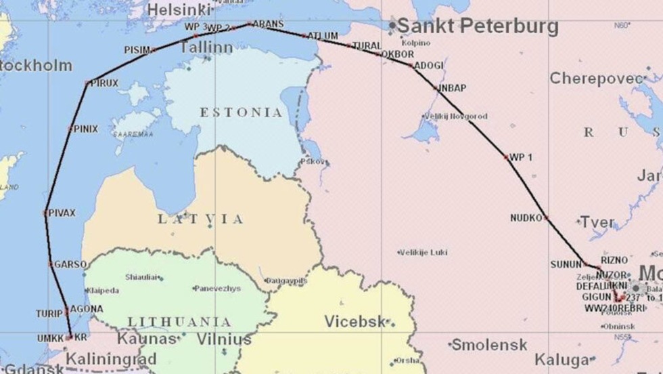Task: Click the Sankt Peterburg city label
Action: pyautogui.click(x=477, y=26)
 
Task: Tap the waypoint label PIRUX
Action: pyautogui.click(x=104, y=83)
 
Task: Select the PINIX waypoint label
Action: pyautogui.click(x=85, y=128)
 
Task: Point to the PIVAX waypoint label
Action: pyautogui.click(x=62, y=213)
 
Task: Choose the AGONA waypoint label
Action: pyautogui.click(x=87, y=309)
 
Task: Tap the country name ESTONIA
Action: pyautogui.click(x=241, y=112)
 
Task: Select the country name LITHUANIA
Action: pyautogui.click(x=179, y=322)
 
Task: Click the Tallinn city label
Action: pyautogui.click(x=206, y=47)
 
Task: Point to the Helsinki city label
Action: pyautogui.click(x=179, y=9)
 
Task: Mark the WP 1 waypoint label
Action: pyautogui.click(x=521, y=157)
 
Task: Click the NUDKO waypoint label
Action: pyautogui.click(x=527, y=217)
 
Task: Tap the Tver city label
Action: pyautogui.click(x=597, y=222)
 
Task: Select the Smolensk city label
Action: pyautogui.click(x=489, y=345)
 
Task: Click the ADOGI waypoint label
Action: pyautogui.click(x=428, y=65)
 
